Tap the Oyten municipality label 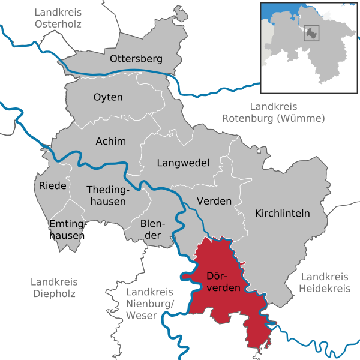108,97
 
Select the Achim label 111,141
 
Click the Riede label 53,185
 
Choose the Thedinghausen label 106,196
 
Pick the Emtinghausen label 67,230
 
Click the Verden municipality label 214,201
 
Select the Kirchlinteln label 282,213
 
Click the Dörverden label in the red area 223,282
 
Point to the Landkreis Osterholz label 58,18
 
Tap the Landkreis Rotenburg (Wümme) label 274,113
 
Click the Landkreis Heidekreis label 325,283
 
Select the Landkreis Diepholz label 53,288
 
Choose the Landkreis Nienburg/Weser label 150,303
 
